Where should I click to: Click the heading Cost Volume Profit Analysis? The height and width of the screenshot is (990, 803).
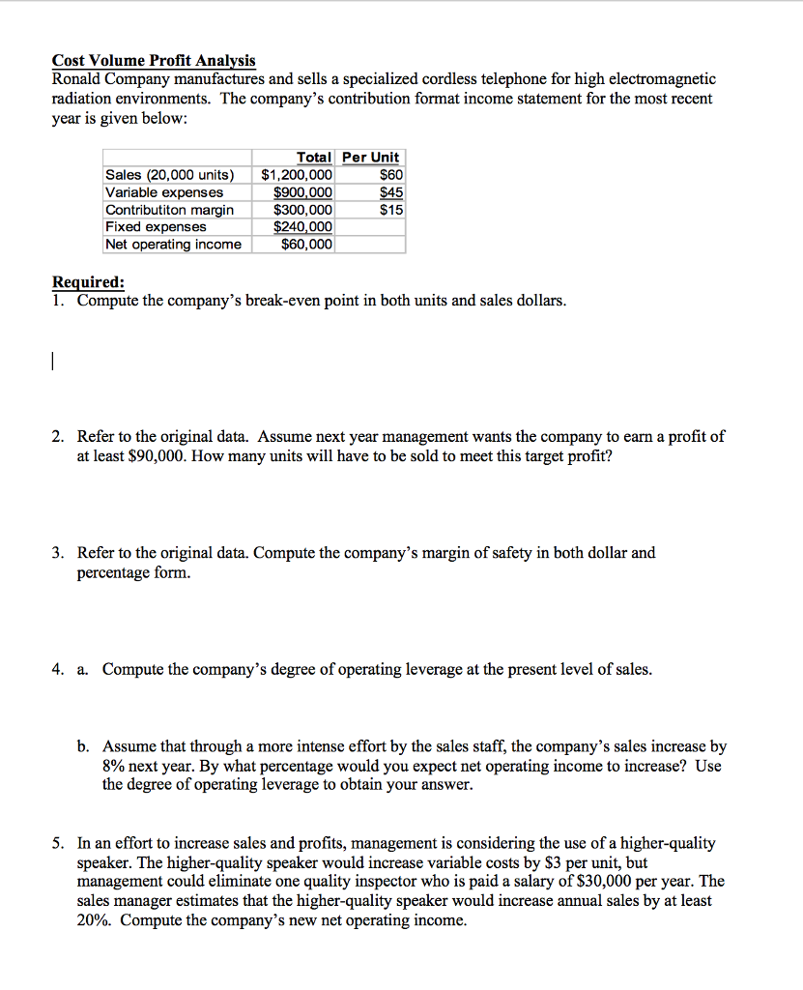[154, 61]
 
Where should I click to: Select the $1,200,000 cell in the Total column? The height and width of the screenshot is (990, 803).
[298, 175]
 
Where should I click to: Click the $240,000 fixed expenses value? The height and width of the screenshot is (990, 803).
[303, 227]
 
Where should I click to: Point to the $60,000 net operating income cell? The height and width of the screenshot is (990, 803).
[306, 245]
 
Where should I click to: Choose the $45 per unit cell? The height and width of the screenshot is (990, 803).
[391, 192]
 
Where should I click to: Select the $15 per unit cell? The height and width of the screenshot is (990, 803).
[391, 210]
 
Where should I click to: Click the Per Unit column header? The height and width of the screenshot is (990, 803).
[371, 158]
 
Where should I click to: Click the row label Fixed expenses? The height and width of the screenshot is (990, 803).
[156, 227]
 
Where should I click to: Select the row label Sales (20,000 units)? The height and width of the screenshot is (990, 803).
[169, 175]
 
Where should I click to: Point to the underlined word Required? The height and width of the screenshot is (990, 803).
[88, 282]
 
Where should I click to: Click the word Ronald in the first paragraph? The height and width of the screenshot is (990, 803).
[79, 79]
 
